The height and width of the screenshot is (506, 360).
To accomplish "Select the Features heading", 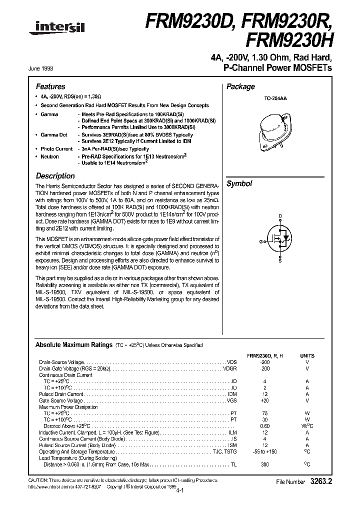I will (50, 86).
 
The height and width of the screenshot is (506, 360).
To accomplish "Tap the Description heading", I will (55, 176).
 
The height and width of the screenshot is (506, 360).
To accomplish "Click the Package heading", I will (240, 86).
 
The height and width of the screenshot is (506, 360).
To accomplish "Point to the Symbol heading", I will (239, 183).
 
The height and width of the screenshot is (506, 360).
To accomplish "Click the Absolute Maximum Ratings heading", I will (74, 345).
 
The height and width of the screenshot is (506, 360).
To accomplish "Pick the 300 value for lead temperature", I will (265, 464).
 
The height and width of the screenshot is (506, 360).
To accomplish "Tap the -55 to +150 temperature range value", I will (265, 451).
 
